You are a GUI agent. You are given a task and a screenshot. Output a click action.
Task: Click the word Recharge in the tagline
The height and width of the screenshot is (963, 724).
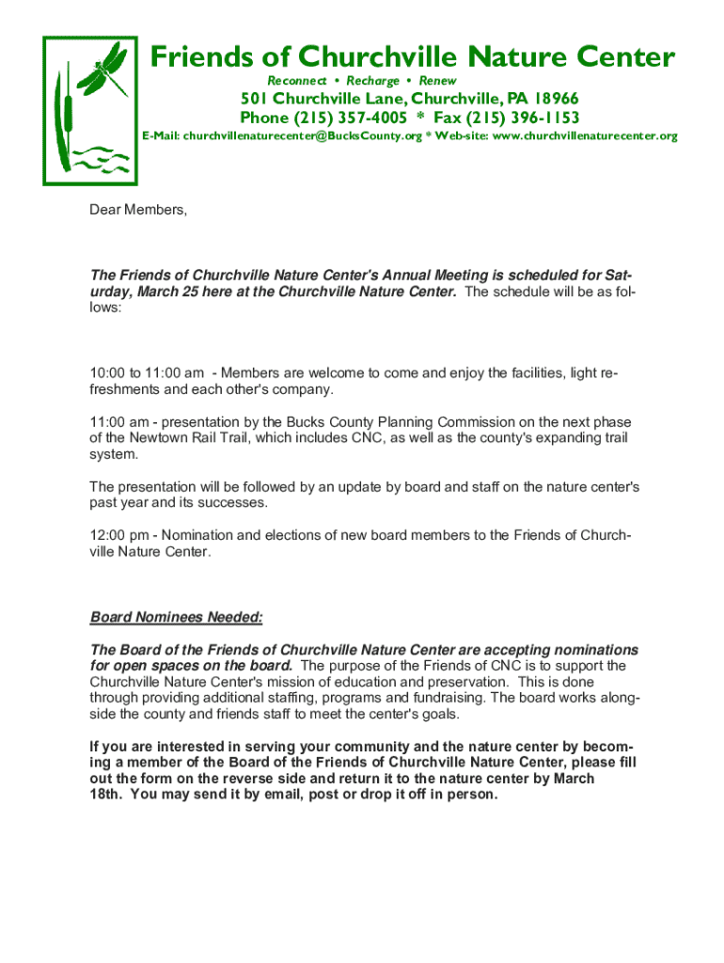372,81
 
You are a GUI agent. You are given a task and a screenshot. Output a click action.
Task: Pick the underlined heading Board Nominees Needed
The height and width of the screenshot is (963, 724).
176,618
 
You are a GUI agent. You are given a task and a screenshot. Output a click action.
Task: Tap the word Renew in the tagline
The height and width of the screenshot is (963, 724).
437,81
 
